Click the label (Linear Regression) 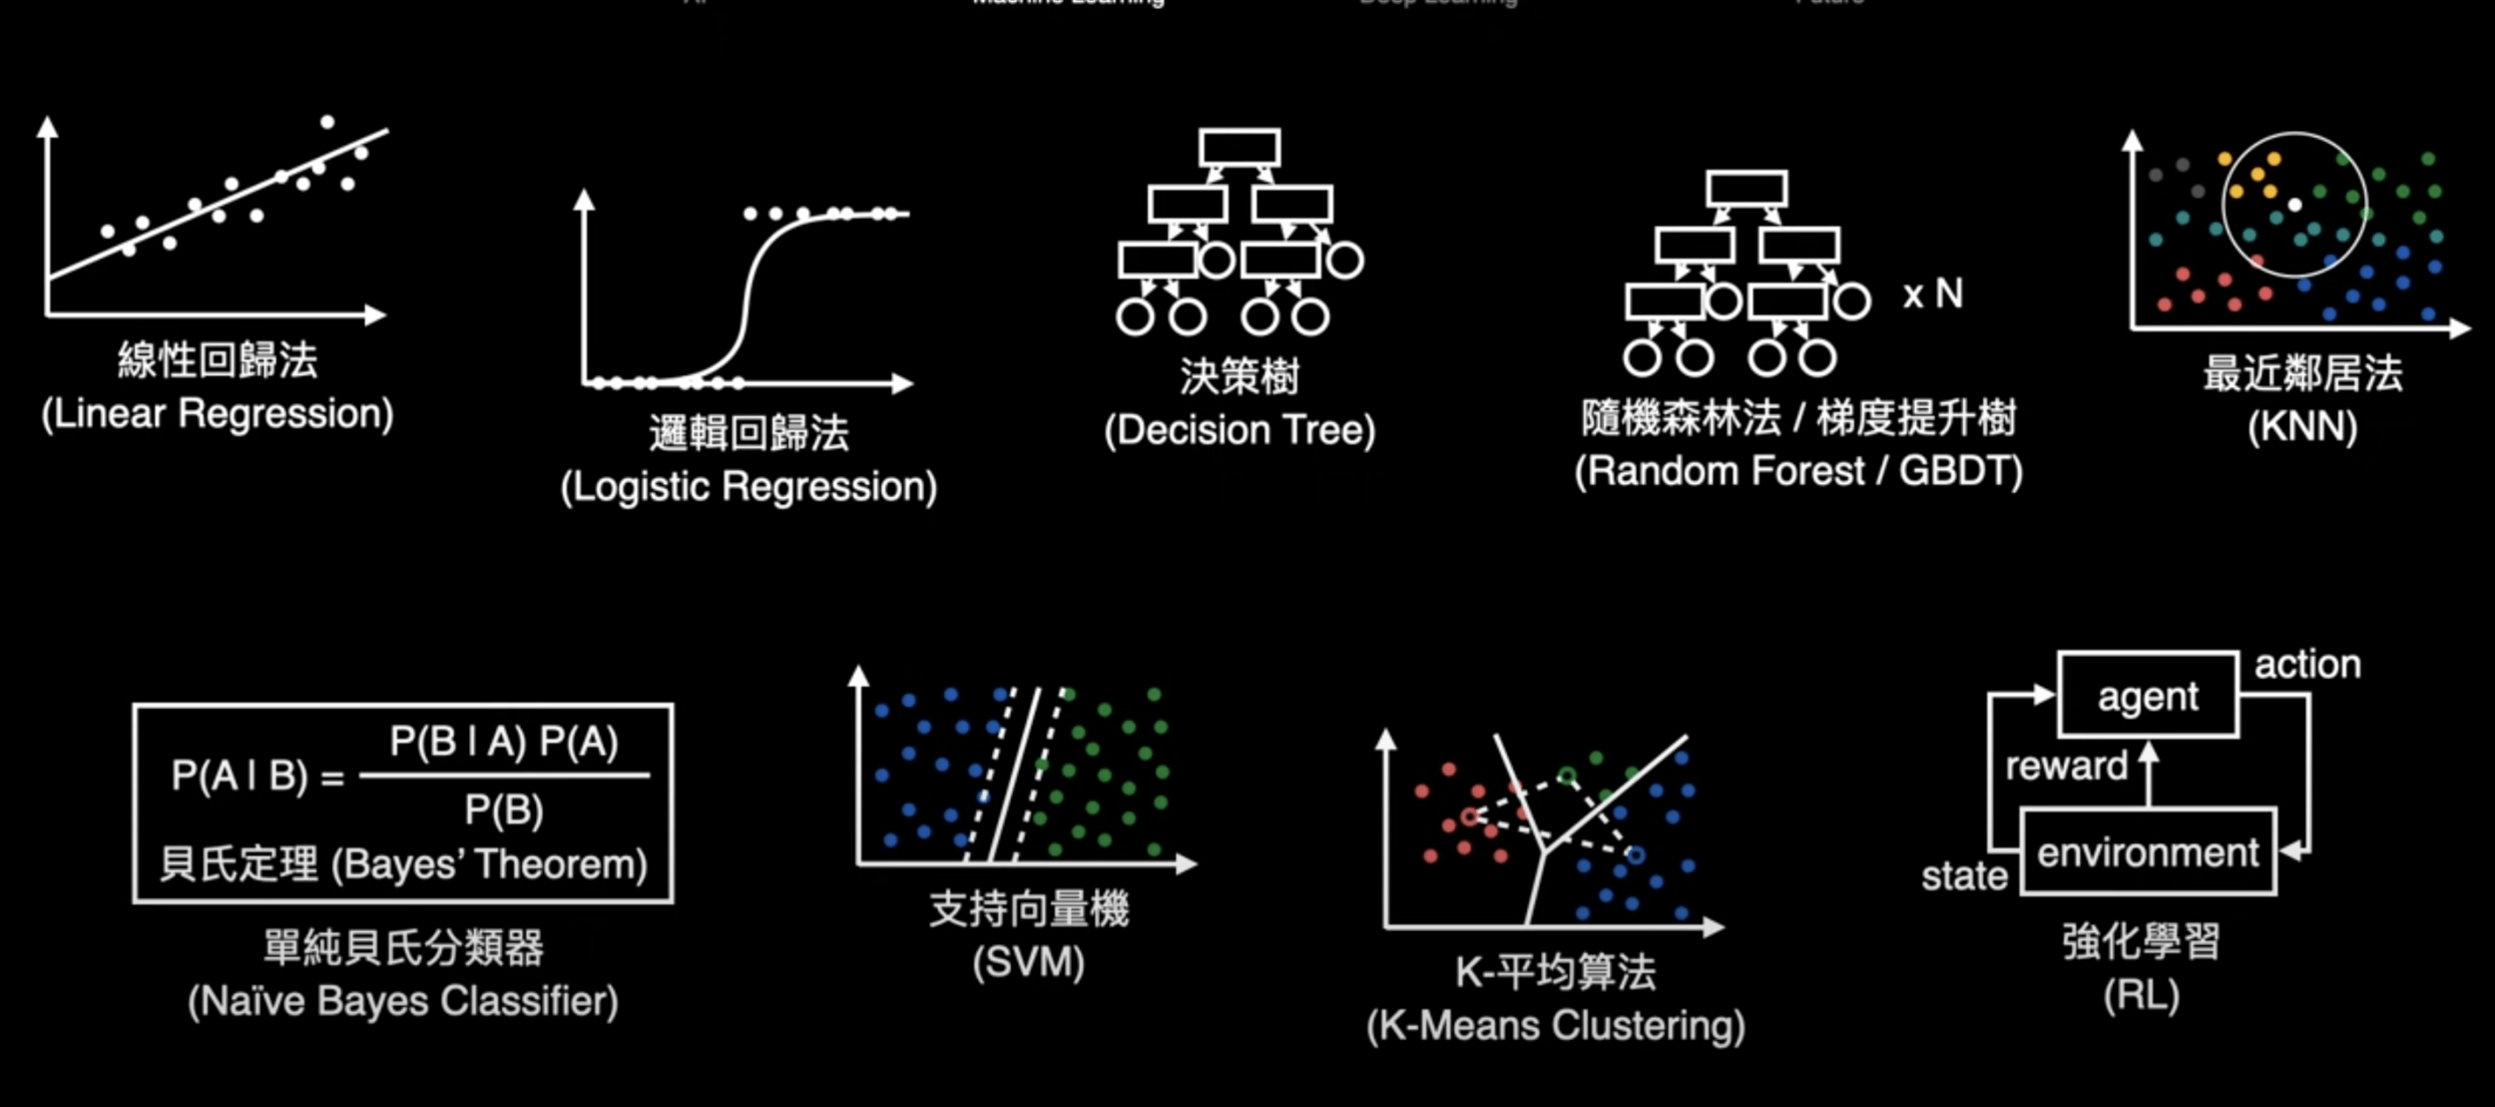[x=218, y=414]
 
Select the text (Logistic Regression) [x=748, y=487]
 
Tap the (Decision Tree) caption [x=1240, y=430]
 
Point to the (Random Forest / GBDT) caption [x=1798, y=471]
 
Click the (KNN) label [x=2302, y=427]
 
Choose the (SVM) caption [x=1028, y=962]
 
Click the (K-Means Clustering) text [x=1555, y=1025]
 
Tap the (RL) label [x=2141, y=995]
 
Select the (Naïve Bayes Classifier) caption [x=403, y=1001]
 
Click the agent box [x=2148, y=696]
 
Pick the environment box [x=2148, y=852]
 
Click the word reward [x=2066, y=767]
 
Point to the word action [x=2307, y=665]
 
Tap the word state [x=1964, y=876]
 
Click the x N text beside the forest [x=1932, y=294]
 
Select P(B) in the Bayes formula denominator [x=503, y=810]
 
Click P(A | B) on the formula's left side [x=240, y=776]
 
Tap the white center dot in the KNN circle [x=2294, y=205]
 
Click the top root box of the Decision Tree [x=1240, y=148]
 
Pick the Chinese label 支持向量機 [x=1029, y=909]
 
